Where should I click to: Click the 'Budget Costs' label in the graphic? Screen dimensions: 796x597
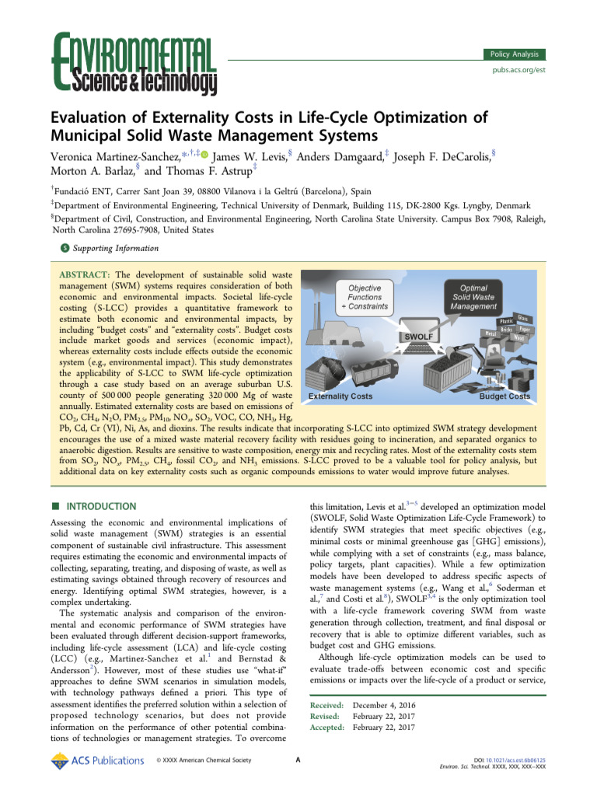(504, 396)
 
